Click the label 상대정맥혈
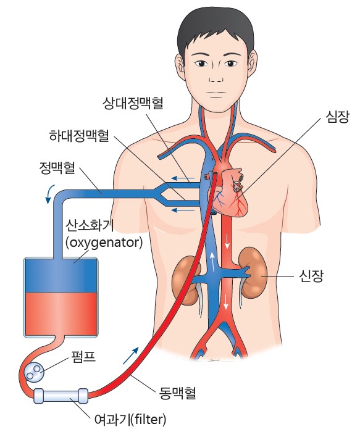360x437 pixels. pos(133,103)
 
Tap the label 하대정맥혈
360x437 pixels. pos(79,136)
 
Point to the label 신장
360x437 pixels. pos(311,276)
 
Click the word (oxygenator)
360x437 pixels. pos(104,243)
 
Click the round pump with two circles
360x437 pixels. pos(33,372)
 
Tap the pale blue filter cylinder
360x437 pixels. pos(61,396)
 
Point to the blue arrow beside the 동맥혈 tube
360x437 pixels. pos(131,355)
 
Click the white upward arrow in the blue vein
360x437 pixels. pos(212,262)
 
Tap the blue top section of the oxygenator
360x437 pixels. pos(61,276)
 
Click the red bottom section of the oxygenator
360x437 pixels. pos(61,314)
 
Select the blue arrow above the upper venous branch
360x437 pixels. pos(183,178)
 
